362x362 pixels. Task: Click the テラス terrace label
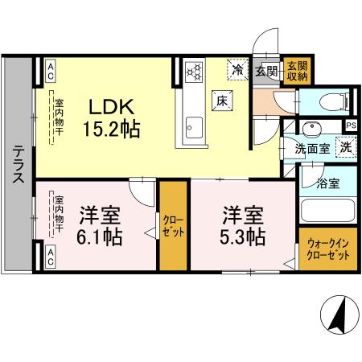[x=17, y=169]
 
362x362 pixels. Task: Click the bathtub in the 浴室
[x=327, y=212]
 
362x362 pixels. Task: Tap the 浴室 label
[x=327, y=183]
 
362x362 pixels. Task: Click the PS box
[x=351, y=125]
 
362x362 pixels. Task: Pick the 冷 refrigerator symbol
[x=237, y=71]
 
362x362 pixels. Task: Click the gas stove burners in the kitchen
[x=195, y=73]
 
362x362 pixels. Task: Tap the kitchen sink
[x=194, y=125]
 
